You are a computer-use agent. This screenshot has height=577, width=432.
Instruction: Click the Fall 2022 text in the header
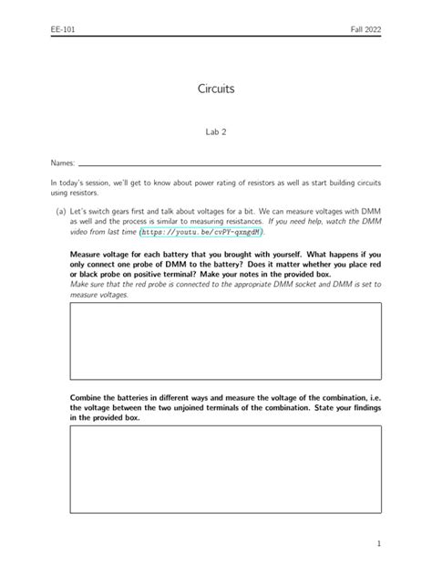click(x=366, y=30)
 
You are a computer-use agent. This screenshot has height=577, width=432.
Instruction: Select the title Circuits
click(x=216, y=89)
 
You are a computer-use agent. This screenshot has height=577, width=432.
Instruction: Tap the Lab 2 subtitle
click(x=216, y=131)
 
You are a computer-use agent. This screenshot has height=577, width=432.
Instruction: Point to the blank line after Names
click(x=228, y=165)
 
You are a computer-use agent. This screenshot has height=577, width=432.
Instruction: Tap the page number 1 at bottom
click(x=377, y=543)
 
